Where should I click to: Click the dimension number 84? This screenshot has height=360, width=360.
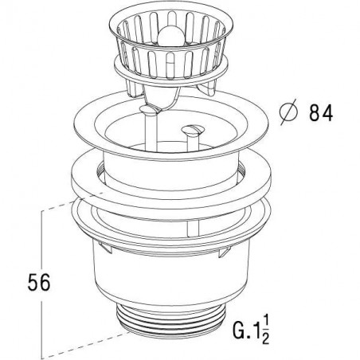click(321, 113)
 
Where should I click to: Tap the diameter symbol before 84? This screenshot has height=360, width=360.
click(289, 112)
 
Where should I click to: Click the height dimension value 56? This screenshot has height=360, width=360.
click(39, 283)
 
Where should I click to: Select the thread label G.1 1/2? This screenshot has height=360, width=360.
click(251, 330)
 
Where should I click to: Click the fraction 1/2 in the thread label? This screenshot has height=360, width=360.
click(265, 330)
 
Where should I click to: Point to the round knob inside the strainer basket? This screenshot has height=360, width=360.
click(170, 37)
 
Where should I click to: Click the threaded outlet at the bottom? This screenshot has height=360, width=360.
click(170, 322)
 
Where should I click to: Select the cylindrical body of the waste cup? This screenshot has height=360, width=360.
click(172, 276)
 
